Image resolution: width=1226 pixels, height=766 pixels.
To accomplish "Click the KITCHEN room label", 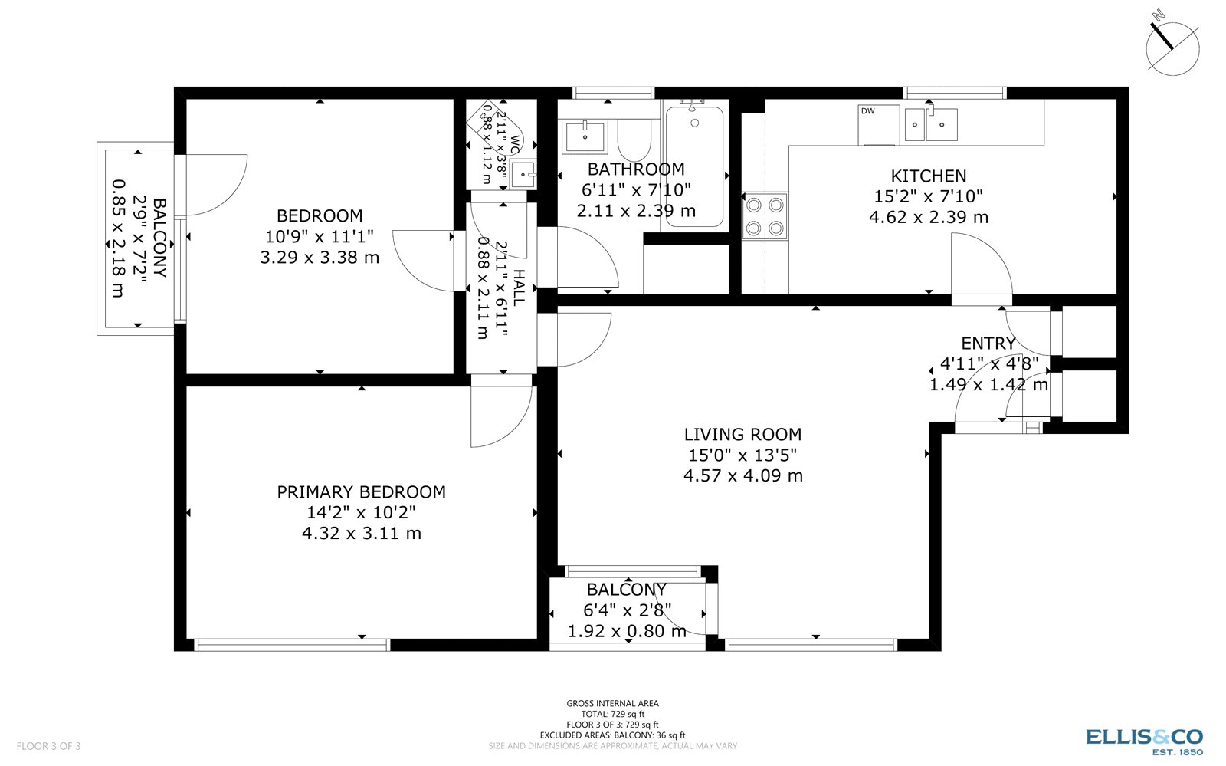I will (x=928, y=176).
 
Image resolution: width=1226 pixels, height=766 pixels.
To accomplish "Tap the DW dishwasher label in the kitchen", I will (x=867, y=111).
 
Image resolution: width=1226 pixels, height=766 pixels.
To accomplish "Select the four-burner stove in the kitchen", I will (x=765, y=215).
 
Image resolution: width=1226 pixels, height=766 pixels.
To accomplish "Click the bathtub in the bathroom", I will (x=693, y=166).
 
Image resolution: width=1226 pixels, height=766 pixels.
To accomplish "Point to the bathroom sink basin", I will (x=585, y=137).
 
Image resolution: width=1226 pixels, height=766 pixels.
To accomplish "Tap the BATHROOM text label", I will (x=636, y=169).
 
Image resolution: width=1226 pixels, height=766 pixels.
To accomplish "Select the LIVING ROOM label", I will (x=742, y=435).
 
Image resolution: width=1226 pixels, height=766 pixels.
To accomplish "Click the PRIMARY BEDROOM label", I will (x=361, y=492).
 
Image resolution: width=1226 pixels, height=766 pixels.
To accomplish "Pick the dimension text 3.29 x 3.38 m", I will (x=320, y=258).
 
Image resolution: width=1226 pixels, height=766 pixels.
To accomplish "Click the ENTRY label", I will (x=988, y=344).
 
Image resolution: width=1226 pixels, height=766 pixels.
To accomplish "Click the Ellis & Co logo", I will (x=1144, y=739).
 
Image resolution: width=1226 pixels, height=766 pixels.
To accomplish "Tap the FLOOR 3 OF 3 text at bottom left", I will (x=48, y=746).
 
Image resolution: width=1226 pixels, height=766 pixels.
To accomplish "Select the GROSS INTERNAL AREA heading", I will (x=612, y=703).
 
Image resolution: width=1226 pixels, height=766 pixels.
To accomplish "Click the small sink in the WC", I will (x=524, y=175).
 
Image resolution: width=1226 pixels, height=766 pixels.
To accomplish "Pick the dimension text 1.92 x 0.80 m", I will (x=627, y=632).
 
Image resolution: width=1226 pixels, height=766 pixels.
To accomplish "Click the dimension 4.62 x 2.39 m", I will (x=928, y=218).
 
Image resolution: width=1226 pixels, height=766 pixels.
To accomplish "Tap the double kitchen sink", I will (x=930, y=124).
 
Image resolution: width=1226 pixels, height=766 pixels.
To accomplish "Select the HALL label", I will (x=519, y=288).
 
